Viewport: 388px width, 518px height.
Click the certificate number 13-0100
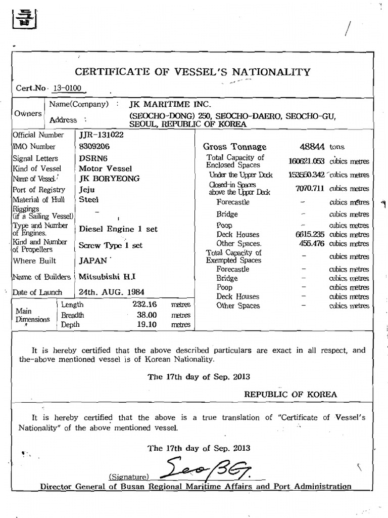pyautogui.click(x=67, y=88)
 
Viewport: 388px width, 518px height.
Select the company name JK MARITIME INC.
pyautogui.click(x=166, y=104)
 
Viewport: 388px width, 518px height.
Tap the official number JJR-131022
pyautogui.click(x=101, y=135)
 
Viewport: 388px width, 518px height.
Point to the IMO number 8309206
pyautogui.click(x=94, y=147)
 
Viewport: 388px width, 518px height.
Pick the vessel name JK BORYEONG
pyautogui.click(x=110, y=179)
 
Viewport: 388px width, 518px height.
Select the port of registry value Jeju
pyautogui.click(x=87, y=190)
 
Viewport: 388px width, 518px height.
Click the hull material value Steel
pyautogui.click(x=89, y=200)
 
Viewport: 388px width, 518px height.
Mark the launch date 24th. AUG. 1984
pyautogui.click(x=112, y=292)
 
